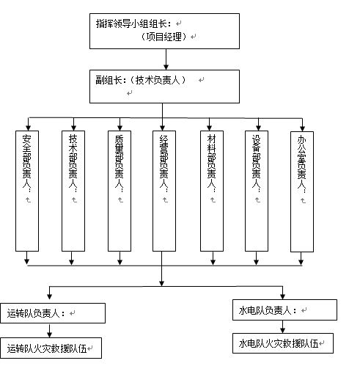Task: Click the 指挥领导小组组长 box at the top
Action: tap(164, 31)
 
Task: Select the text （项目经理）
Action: tap(164, 37)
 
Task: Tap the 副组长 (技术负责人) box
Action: tap(164, 87)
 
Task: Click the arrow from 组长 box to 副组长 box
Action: tap(166, 59)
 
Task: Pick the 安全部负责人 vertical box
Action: tap(27, 191)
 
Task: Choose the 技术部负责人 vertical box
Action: tap(73, 191)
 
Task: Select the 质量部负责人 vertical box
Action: tap(120, 191)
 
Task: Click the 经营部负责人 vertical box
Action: tap(164, 191)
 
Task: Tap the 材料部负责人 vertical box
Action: tap(212, 191)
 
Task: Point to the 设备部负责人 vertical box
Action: tap(257, 191)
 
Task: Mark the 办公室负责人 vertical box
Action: tap(302, 191)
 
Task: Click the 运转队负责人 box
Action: tap(53, 313)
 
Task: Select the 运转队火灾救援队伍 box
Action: tap(51, 348)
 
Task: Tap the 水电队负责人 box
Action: tap(284, 310)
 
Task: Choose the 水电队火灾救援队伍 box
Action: tap(283, 343)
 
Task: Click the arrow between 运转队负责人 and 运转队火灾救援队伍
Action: tap(50, 331)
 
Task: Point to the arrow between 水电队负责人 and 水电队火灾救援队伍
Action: tap(283, 326)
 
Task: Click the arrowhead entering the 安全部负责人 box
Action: tap(29, 128)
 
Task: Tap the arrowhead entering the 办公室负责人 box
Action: tap(303, 128)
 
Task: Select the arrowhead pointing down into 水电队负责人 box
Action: tap(283, 296)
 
